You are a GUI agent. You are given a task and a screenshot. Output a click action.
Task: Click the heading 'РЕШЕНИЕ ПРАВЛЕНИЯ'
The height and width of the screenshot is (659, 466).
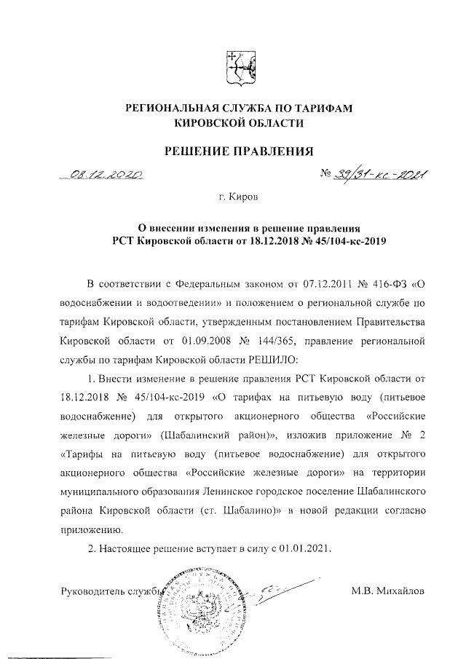tap(238, 152)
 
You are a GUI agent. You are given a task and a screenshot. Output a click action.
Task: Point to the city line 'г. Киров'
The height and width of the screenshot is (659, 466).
tap(238, 197)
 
